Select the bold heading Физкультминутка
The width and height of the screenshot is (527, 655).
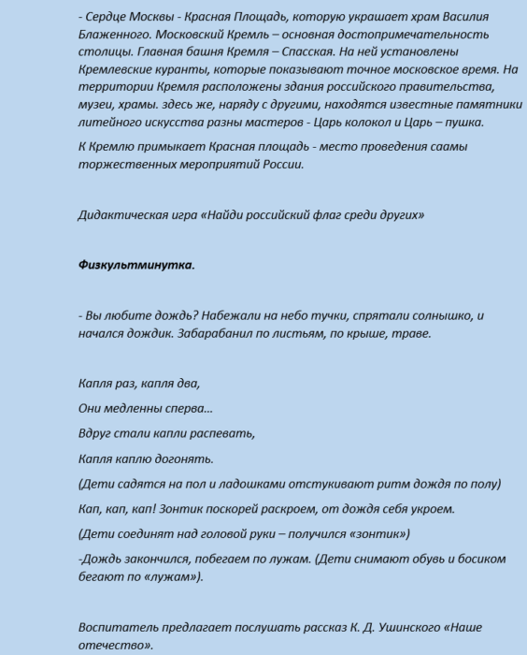[136, 265]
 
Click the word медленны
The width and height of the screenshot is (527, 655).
[139, 409]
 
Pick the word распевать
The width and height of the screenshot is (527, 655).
[221, 433]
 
